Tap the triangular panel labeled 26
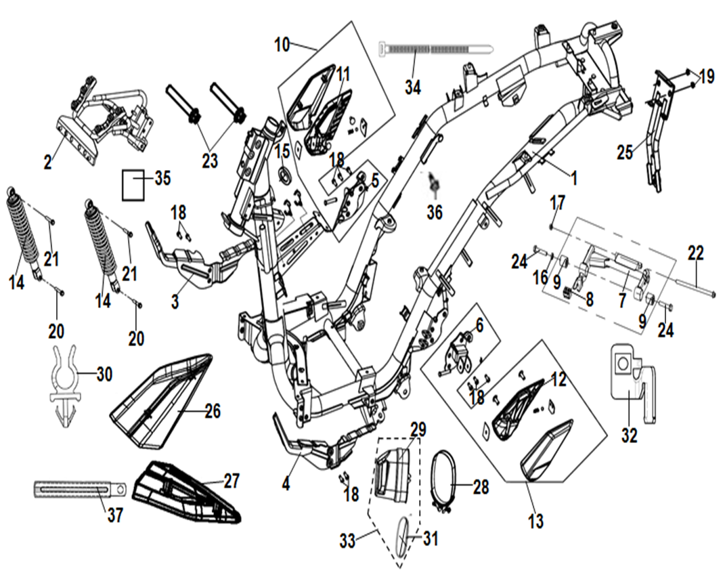(159, 403)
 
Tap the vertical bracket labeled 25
(654, 135)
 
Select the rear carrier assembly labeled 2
(108, 115)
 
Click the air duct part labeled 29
(392, 467)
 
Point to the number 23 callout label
(210, 161)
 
